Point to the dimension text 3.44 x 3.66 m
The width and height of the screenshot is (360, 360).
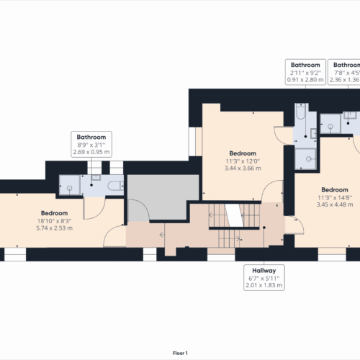point(243,169)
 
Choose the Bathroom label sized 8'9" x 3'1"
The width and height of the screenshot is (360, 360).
point(91,137)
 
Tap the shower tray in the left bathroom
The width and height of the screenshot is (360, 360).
point(70,186)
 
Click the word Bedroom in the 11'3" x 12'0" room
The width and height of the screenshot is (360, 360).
point(243,153)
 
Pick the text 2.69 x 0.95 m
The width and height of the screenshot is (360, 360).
point(91,153)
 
